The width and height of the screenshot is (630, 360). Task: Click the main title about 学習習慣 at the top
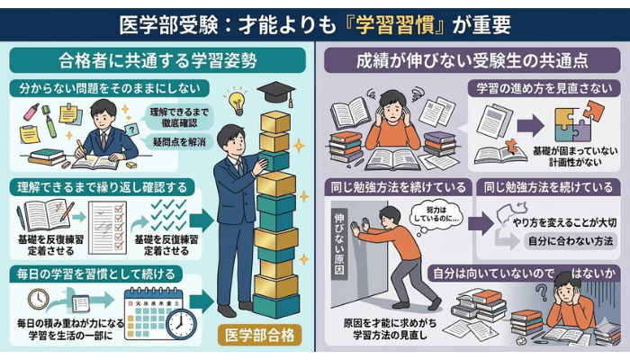pos(314,21)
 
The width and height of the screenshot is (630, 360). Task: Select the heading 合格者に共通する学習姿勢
pos(157,61)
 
